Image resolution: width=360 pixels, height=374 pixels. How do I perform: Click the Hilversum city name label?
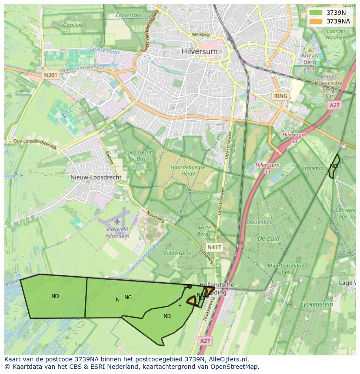tap(200, 51)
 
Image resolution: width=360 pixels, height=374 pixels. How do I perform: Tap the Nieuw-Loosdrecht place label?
tap(96, 178)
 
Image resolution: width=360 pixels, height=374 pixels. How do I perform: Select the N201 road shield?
tap(50, 75)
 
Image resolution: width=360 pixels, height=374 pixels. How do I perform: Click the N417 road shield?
tap(214, 247)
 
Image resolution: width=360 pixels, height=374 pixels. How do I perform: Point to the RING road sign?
tap(280, 96)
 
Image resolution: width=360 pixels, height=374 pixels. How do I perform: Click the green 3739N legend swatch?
tap(316, 13)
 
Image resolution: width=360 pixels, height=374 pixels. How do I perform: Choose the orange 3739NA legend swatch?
tap(316, 21)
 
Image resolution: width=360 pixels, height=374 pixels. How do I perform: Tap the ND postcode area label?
tap(55, 296)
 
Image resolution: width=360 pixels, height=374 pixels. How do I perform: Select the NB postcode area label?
tap(167, 316)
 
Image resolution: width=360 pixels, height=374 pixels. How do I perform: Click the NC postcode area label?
tap(128, 298)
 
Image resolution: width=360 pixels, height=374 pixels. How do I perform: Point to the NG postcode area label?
tap(334, 166)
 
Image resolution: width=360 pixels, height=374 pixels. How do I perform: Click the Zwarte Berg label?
tap(203, 231)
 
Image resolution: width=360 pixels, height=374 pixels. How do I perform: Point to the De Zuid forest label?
tap(268, 238)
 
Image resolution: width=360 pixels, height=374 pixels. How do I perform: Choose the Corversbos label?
tap(129, 15)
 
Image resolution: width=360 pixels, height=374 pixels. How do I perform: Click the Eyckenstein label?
tap(317, 304)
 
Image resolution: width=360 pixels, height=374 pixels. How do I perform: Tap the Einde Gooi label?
tap(177, 253)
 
